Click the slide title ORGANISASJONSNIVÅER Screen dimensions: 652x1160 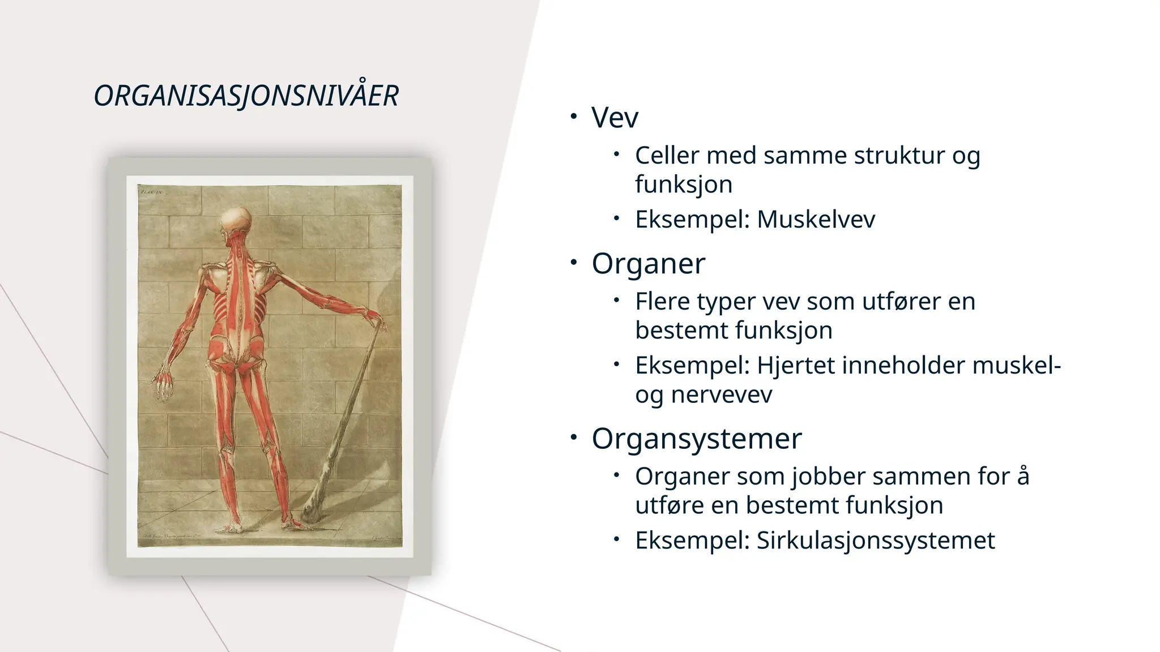246,96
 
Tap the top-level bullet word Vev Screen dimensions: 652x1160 615,118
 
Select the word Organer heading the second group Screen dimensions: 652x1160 648,264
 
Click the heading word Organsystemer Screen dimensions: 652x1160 697,439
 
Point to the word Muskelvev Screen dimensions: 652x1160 816,220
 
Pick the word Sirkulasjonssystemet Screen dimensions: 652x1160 876,541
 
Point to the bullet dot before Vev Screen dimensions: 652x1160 574,117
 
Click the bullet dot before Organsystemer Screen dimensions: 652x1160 574,437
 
